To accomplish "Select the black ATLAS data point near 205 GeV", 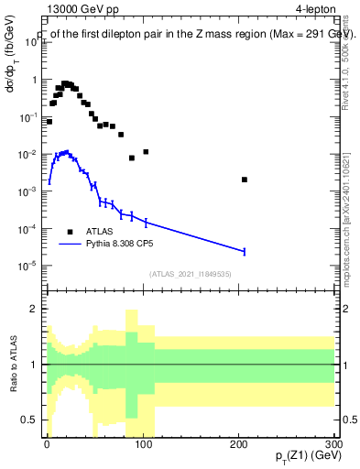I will pyautogui.click(x=245, y=180).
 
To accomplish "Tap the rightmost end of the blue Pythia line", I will pyautogui.click(x=245, y=251).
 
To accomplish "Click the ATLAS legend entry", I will pyautogui.click(x=99, y=232).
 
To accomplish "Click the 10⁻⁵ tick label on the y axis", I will pyautogui.click(x=27, y=266).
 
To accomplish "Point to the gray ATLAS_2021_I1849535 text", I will pyautogui.click(x=190, y=273).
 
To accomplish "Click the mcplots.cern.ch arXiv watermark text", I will pyautogui.click(x=345, y=229).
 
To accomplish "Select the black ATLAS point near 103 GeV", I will pyautogui.click(x=146, y=151).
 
